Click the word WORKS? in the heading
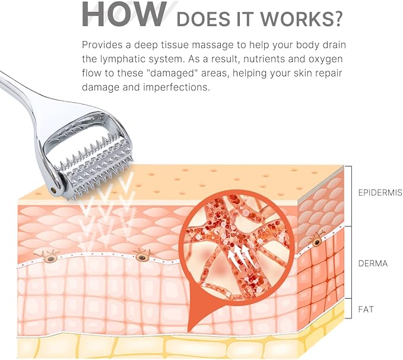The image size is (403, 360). tap(301, 19)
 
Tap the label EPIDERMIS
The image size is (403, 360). tap(380, 192)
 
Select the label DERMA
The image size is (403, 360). tap(373, 263)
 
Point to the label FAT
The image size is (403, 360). tap(366, 309)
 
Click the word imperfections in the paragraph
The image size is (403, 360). tap(176, 87)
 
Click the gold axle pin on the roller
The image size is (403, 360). tap(54, 190)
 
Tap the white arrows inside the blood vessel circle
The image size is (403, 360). tap(241, 256)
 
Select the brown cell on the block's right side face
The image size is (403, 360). tap(317, 241)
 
